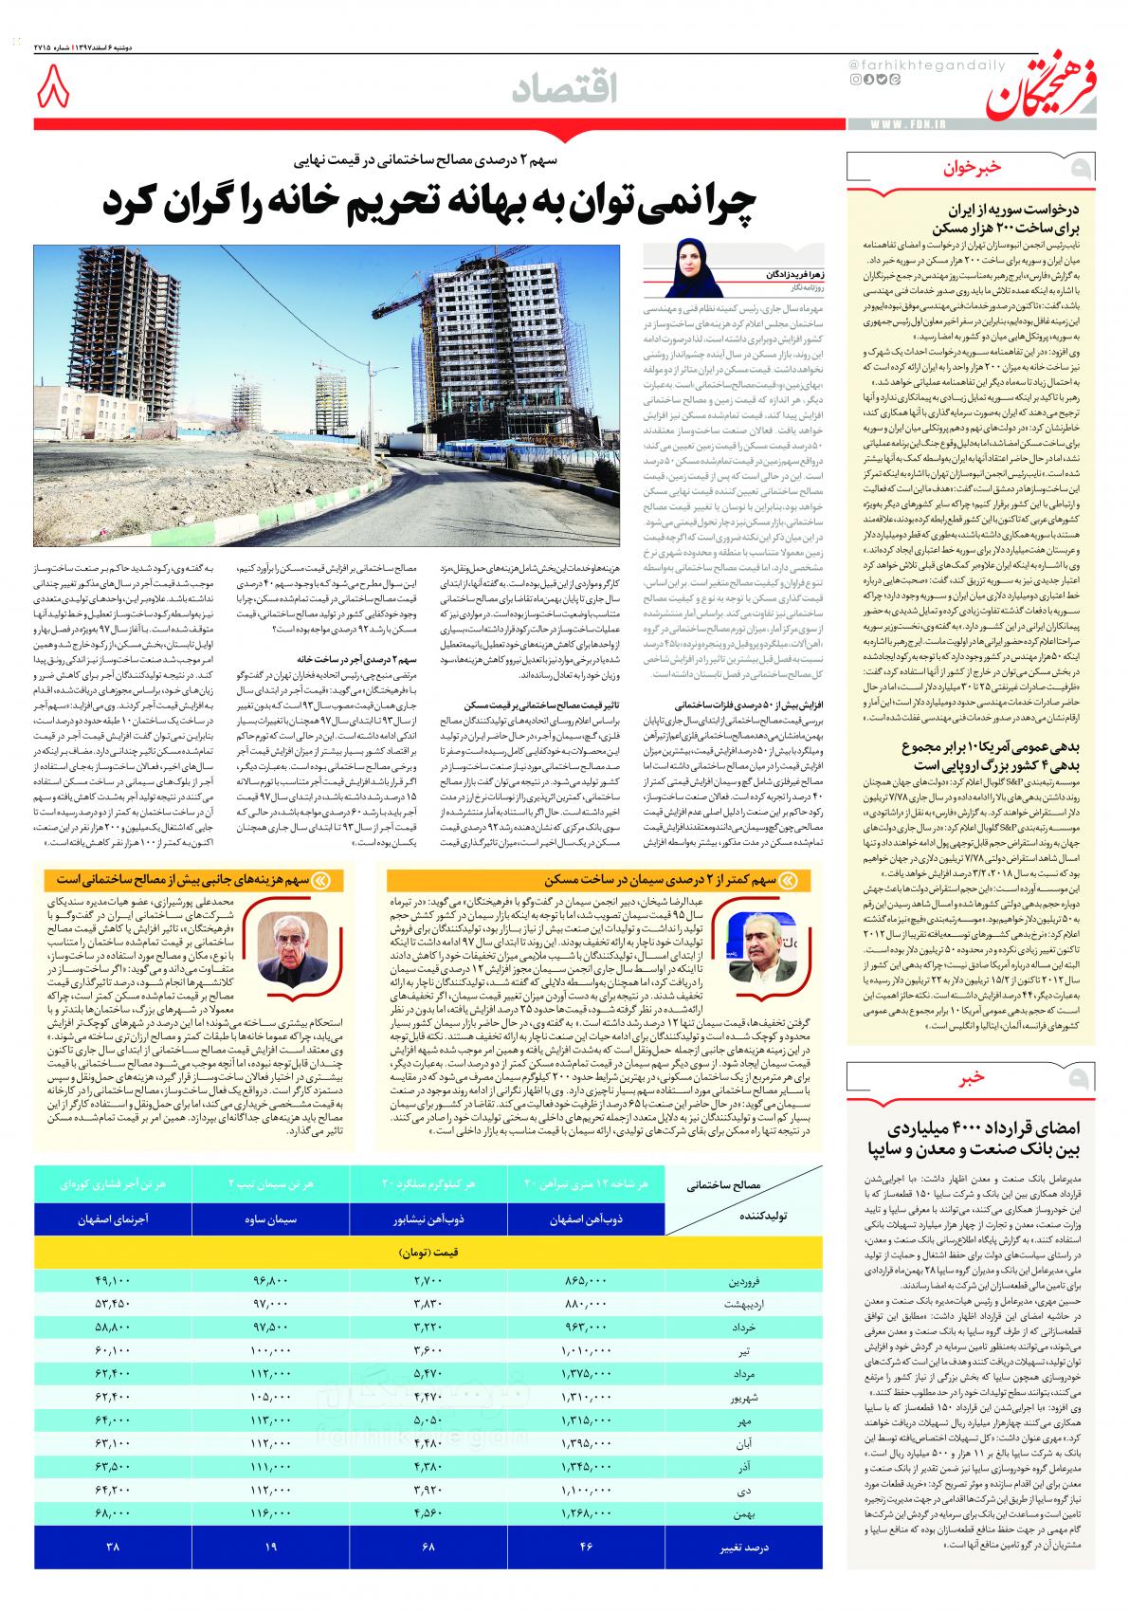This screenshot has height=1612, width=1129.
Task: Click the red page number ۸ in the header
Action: coord(54,91)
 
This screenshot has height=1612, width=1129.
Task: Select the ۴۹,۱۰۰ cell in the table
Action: coord(113,1281)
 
